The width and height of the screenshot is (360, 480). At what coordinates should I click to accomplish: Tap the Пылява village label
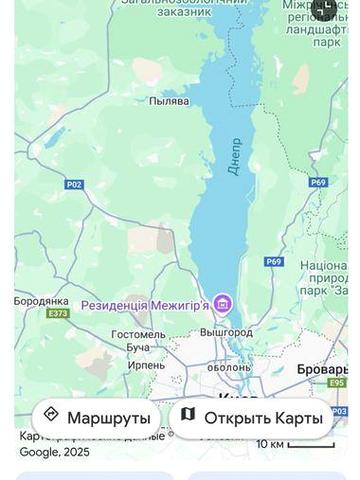click(169, 101)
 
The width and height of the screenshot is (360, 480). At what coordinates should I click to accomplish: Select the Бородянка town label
click(41, 300)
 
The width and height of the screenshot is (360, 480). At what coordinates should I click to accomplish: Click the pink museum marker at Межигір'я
click(222, 303)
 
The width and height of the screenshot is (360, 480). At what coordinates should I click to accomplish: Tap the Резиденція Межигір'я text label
click(145, 304)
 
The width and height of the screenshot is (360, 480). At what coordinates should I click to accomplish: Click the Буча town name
click(138, 347)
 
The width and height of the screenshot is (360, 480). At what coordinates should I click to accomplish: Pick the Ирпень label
click(146, 365)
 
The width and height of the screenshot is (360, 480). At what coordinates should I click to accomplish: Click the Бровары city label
click(323, 369)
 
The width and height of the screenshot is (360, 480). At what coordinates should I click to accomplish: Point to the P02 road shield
click(74, 184)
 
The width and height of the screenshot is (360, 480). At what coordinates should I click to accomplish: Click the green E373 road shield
click(57, 313)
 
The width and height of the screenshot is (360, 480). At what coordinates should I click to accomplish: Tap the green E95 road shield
click(337, 382)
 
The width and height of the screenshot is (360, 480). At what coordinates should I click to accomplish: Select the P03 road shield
click(340, 410)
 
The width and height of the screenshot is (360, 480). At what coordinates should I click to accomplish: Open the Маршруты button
click(96, 417)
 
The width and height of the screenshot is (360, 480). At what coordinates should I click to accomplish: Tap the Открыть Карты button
click(250, 417)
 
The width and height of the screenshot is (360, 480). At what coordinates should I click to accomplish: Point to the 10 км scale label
click(270, 443)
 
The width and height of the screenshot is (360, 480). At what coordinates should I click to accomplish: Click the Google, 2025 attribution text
click(55, 452)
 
